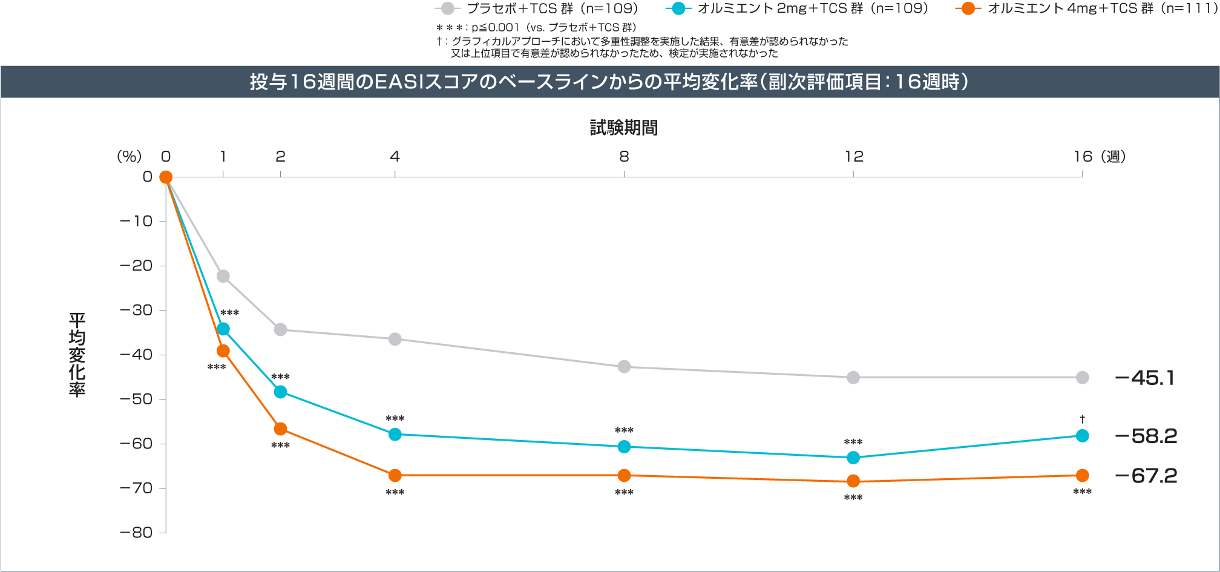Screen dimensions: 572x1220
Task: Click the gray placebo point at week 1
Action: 223,276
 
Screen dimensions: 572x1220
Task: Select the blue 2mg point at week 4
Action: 395,434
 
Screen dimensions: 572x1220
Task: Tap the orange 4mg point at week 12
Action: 853,481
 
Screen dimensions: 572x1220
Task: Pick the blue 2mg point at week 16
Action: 1083,436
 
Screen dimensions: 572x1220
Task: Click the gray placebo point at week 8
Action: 624,367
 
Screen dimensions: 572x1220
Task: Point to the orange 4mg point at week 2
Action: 280,429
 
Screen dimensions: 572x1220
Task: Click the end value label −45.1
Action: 1145,378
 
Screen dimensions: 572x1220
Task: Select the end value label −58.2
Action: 1146,436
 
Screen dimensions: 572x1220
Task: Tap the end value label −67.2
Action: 1146,476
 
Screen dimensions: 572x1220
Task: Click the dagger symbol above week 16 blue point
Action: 1083,419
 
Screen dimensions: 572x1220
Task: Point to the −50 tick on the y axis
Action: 137,399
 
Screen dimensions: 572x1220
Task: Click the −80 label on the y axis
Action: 137,533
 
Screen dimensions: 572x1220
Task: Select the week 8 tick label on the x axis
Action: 624,157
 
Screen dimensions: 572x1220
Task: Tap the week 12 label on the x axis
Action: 853,157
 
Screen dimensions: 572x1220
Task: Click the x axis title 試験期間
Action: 624,128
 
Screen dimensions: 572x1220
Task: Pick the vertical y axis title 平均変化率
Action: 77,355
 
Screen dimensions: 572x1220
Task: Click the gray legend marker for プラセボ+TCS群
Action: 448,8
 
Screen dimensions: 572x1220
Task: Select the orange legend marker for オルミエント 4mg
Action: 968,8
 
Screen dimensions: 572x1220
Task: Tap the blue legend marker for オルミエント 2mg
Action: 678,8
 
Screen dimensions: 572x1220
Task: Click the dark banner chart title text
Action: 610,82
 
